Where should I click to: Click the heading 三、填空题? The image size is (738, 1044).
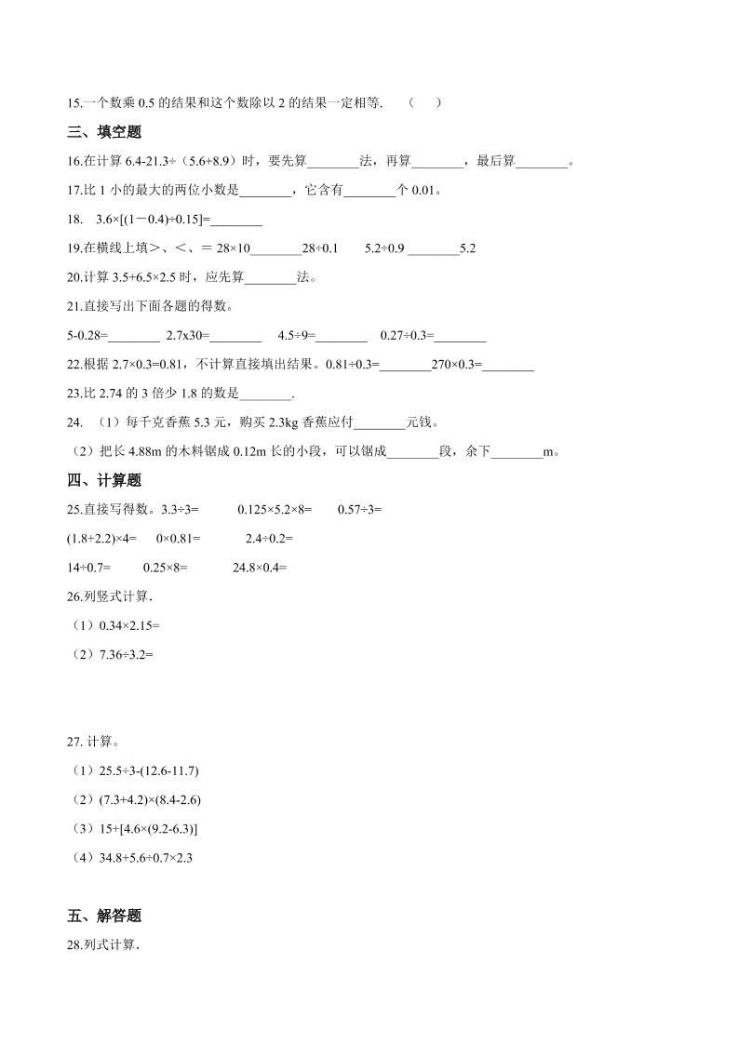(104, 132)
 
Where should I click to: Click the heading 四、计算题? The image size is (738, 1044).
(104, 480)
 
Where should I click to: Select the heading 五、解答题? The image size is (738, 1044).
(104, 916)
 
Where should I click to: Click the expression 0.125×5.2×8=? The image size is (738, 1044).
(275, 509)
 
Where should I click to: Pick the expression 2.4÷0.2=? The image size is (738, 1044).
(269, 538)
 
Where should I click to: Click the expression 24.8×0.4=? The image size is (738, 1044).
(260, 567)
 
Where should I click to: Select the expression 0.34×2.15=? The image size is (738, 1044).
(128, 625)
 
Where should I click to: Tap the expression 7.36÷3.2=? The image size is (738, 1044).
(125, 654)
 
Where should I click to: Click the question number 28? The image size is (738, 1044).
(75, 945)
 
